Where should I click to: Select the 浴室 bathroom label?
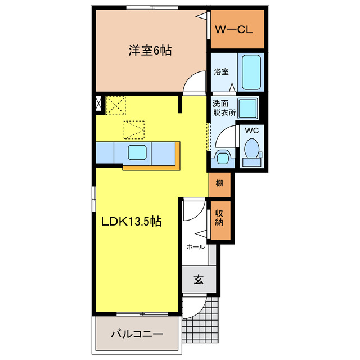point(220,71)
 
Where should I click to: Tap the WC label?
point(251,129)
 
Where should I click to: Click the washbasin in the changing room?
point(222,156)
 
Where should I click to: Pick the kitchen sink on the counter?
point(138,152)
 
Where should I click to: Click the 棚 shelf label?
point(219,183)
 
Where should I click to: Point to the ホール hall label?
point(195,246)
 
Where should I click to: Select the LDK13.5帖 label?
point(132,222)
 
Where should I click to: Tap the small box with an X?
point(100,103)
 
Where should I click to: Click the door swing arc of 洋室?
point(194,83)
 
